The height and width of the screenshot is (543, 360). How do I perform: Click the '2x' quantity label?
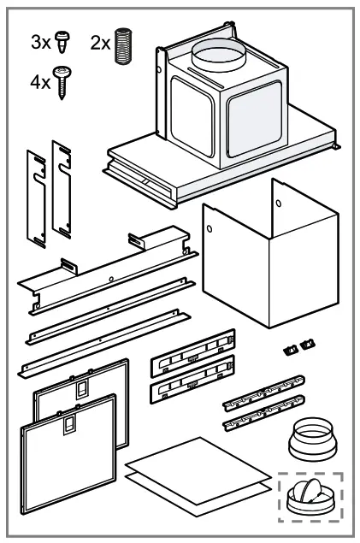(100, 43)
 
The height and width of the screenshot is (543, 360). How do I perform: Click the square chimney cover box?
(248, 265)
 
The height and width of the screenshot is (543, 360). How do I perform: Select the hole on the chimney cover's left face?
(210, 227)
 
